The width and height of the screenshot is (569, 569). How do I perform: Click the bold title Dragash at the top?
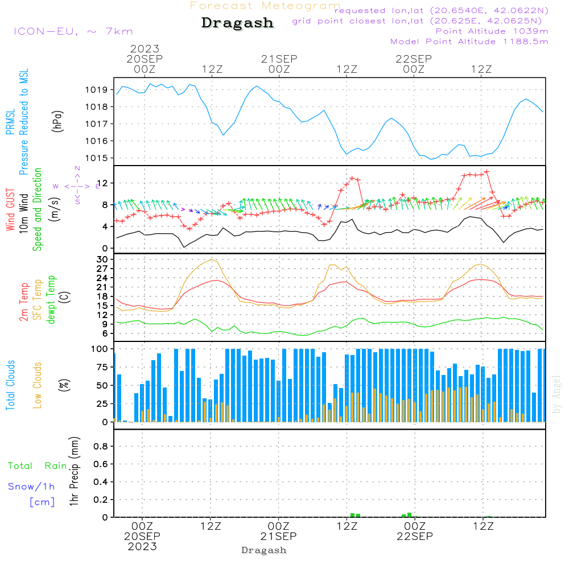click(x=237, y=23)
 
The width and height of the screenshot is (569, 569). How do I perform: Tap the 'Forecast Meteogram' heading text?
click(x=265, y=6)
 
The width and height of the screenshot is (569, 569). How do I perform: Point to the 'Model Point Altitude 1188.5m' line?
click(x=469, y=42)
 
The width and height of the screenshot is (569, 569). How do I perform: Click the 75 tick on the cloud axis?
click(x=102, y=367)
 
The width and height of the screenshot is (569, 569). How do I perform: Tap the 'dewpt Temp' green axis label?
click(x=52, y=299)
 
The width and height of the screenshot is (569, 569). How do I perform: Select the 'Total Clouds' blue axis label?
click(x=11, y=385)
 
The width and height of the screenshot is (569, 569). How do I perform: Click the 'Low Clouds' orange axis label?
click(x=38, y=385)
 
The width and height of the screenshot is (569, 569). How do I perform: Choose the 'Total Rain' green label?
click(x=37, y=466)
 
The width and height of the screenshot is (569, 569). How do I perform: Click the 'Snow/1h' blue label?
click(x=32, y=487)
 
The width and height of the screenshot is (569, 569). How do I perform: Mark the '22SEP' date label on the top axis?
click(x=413, y=59)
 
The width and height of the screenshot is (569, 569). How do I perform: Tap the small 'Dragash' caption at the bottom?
click(x=264, y=550)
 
